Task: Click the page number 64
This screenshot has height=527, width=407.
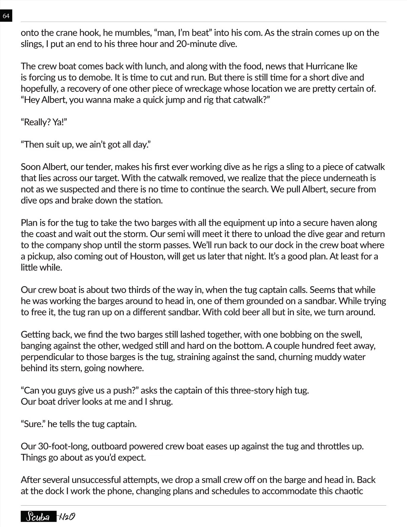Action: [6, 16]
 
